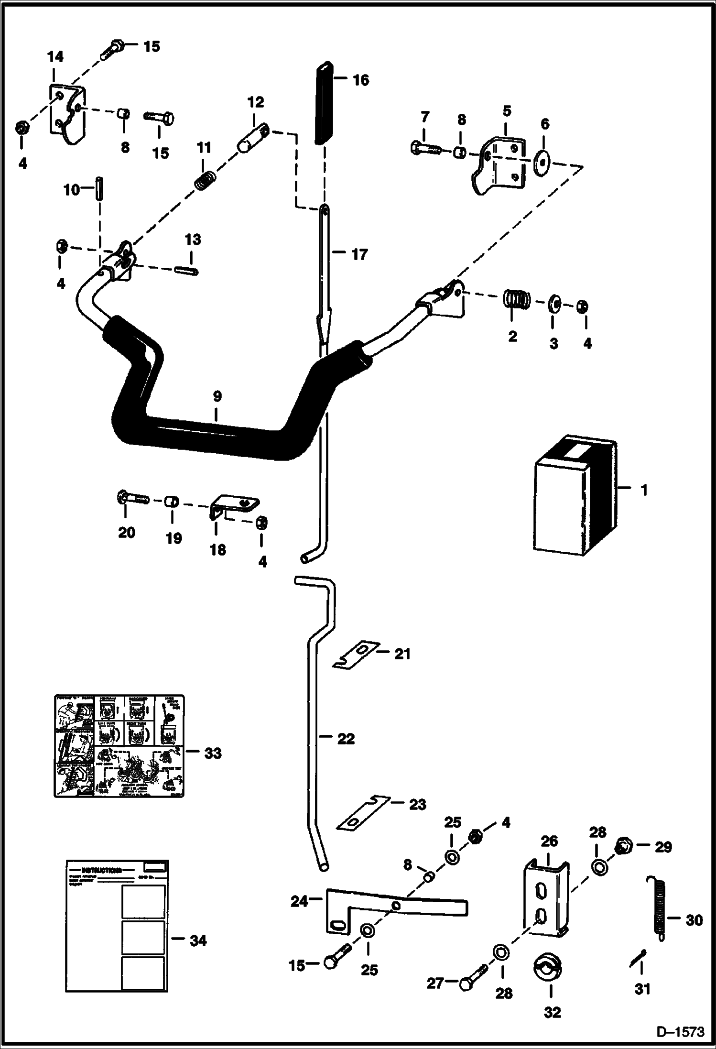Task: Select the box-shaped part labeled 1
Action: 574,498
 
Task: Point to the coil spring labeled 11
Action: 205,180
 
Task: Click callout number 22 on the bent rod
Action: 346,739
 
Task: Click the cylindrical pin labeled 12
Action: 252,138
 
